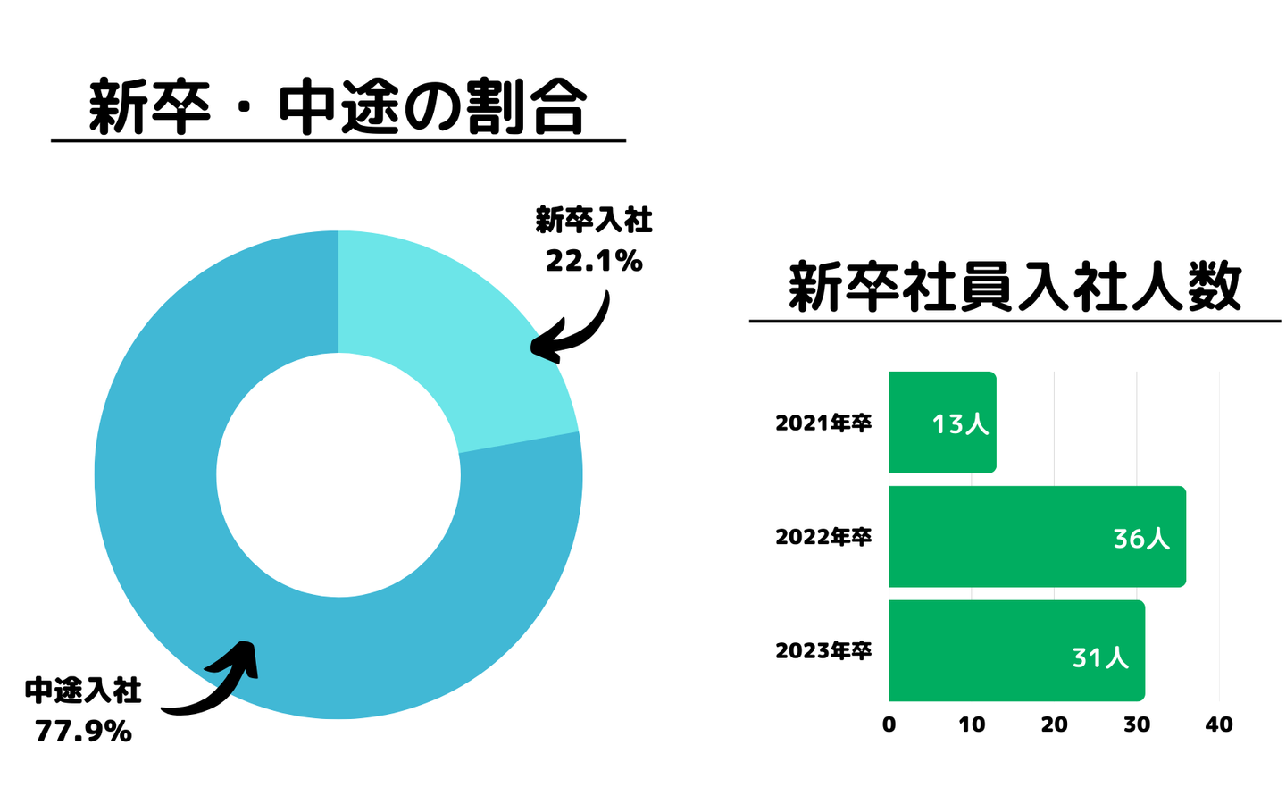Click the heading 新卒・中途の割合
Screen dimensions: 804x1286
pos(338,107)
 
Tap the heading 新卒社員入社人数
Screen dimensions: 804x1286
pos(1015,288)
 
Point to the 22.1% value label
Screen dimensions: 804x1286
pos(594,261)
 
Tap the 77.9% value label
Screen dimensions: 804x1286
pos(83,732)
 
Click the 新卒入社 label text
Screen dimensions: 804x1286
pos(594,220)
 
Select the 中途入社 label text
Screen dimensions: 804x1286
pos(83,691)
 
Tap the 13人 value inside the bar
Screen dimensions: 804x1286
pos(960,423)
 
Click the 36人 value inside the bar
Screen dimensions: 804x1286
pos(1141,538)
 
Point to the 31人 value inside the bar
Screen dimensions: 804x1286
pos(1100,657)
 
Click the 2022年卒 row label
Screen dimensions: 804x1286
pos(823,537)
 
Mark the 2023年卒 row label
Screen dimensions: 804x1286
pos(823,651)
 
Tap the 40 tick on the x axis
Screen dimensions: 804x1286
pos(1219,724)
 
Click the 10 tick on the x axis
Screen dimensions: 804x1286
pos(972,724)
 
